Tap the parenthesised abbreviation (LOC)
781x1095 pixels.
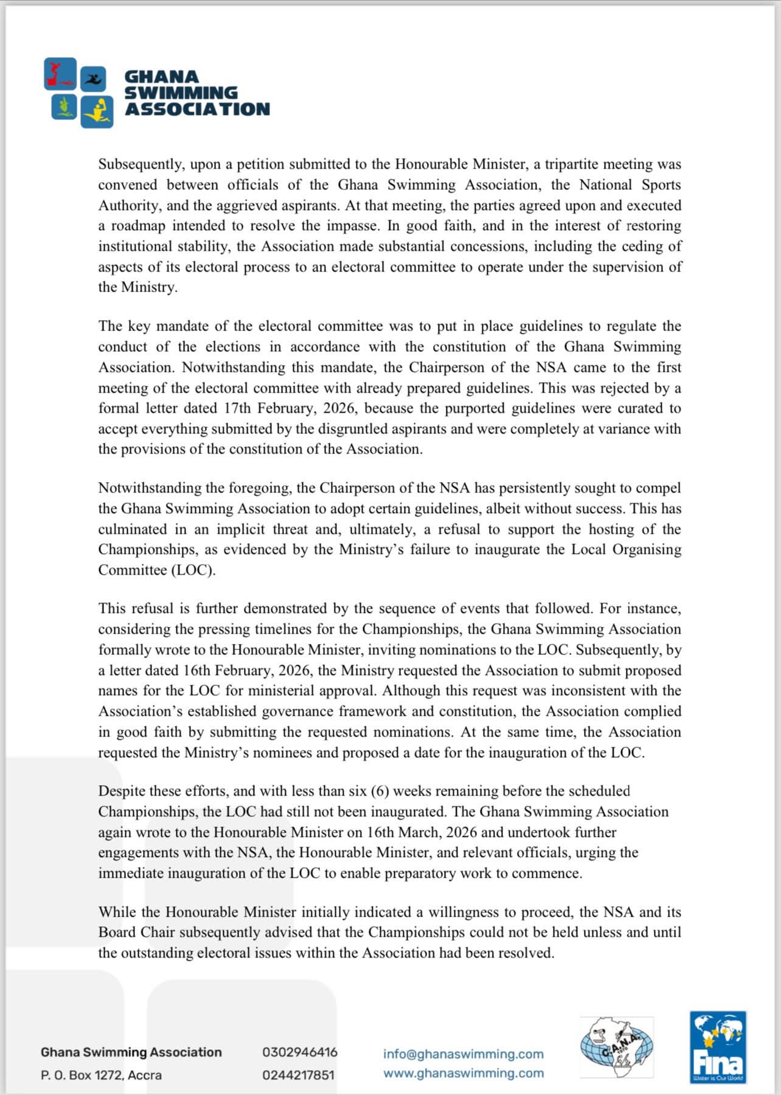(x=193, y=570)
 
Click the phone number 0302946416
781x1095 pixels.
(x=300, y=1052)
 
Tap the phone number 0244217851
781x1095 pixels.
(x=299, y=1075)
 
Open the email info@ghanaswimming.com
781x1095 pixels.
(x=463, y=1054)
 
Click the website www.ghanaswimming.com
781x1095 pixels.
(x=463, y=1073)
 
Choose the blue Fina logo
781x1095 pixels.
(x=718, y=1048)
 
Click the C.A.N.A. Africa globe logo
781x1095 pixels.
(x=616, y=1048)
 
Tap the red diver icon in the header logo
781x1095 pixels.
(x=60, y=74)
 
